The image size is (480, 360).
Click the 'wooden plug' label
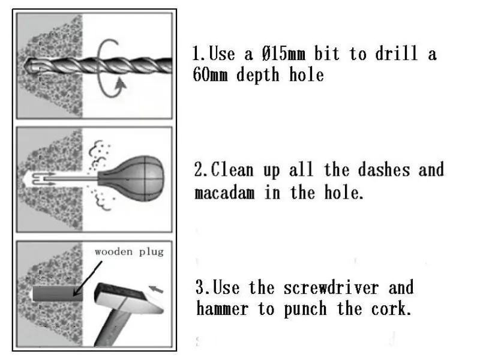pyautogui.click(x=128, y=252)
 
